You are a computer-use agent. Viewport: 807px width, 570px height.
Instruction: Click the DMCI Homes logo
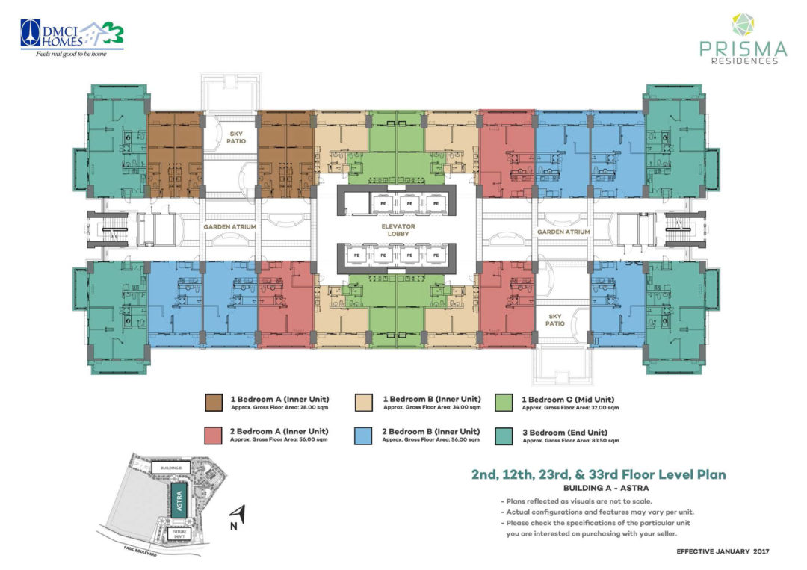pos(72,37)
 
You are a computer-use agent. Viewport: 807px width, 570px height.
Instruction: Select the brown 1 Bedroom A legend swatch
pos(214,403)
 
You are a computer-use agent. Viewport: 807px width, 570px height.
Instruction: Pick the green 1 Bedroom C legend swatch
pos(504,403)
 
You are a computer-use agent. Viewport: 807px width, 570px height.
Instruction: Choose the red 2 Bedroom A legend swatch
pos(214,435)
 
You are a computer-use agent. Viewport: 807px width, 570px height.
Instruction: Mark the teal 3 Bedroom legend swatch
pos(504,435)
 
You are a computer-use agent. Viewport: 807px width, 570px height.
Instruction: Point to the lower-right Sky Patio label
pos(554,320)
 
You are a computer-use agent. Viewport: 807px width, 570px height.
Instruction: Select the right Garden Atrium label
pos(563,232)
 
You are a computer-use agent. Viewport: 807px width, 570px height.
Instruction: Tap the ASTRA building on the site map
pos(179,498)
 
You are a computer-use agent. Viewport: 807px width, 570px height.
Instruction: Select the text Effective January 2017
pos(722,551)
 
